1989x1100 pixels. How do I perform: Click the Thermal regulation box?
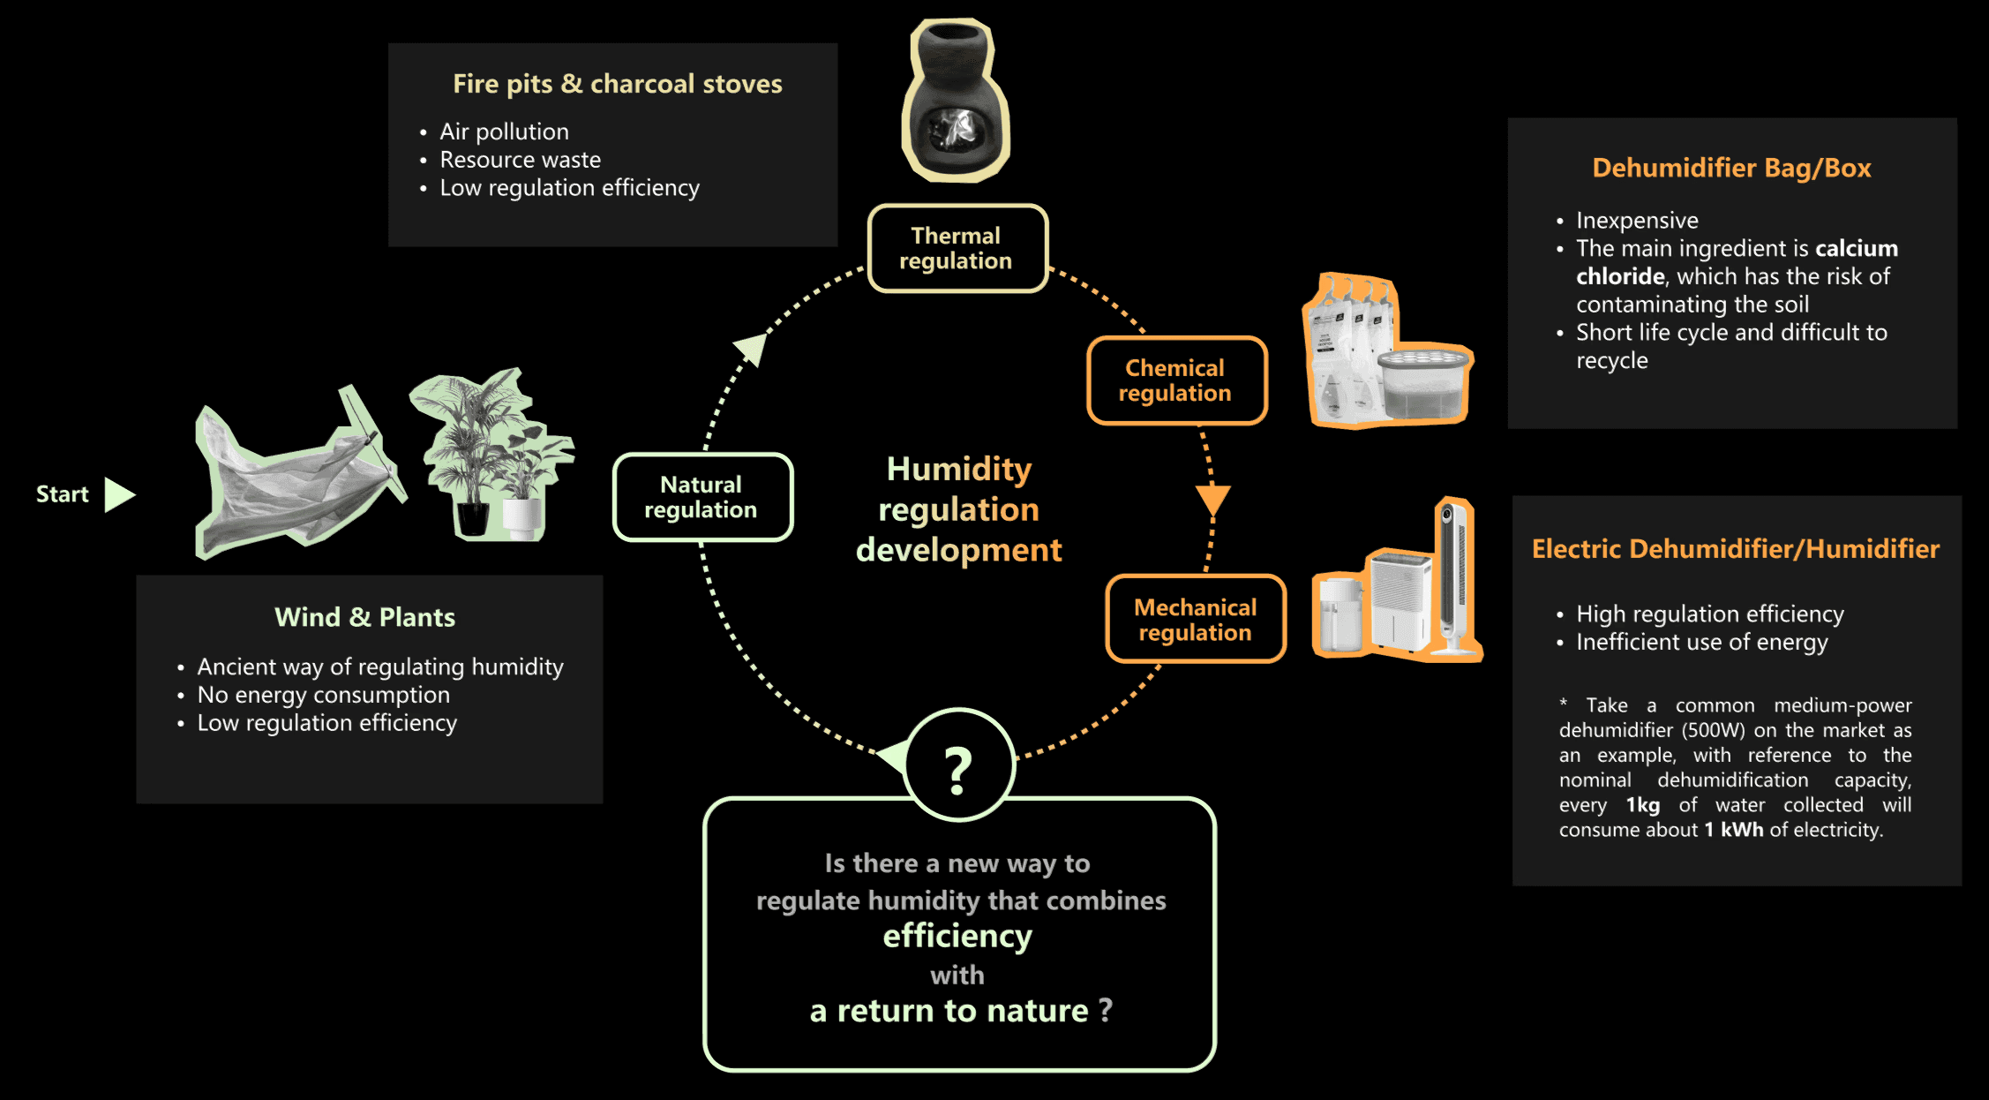pos(957,248)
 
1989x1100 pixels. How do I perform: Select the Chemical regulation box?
pos(1176,380)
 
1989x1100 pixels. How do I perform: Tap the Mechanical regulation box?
pos(1196,619)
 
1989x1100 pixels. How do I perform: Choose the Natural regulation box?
pos(702,497)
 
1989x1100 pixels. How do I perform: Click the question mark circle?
pos(959,766)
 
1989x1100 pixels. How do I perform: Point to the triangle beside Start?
pos(118,494)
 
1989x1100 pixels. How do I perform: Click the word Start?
pos(62,494)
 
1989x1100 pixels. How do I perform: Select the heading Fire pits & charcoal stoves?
pos(617,84)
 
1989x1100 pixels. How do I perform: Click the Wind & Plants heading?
pos(364,617)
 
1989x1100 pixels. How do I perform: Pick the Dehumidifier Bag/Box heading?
pos(1731,168)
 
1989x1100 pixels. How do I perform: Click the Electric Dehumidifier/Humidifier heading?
pos(1735,549)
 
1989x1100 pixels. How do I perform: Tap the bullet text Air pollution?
pos(504,132)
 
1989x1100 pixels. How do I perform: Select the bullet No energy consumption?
pos(323,695)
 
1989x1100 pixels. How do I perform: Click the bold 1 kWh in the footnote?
pos(1733,830)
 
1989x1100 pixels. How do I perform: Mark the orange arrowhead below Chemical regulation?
pos(1213,499)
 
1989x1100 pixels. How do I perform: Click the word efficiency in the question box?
pos(957,936)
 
